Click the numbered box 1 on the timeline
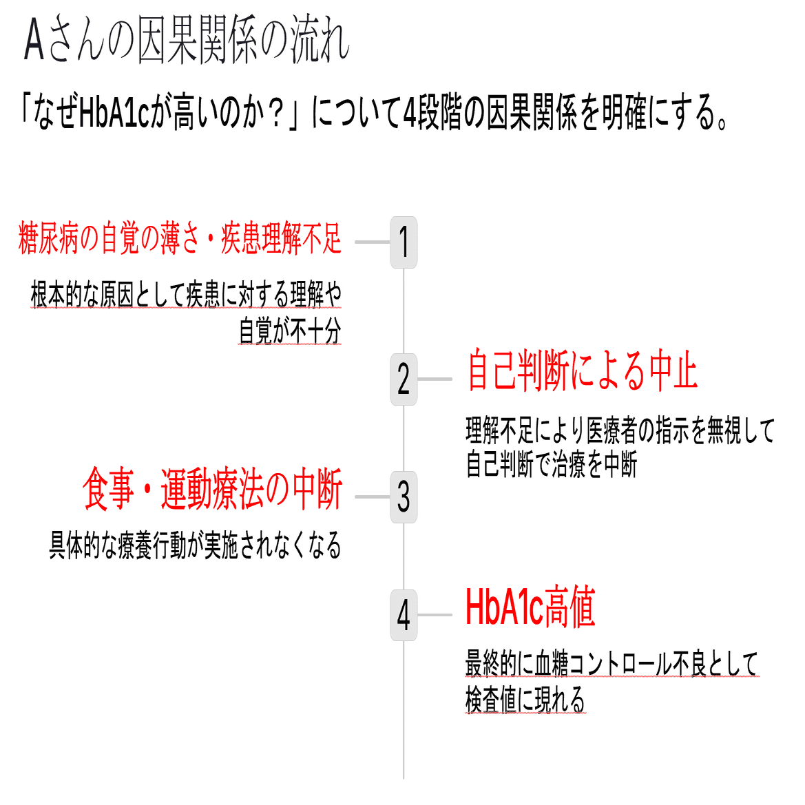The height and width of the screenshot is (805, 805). (x=404, y=242)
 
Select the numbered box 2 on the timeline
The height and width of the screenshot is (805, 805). (x=404, y=379)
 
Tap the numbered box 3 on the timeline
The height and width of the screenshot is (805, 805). (x=404, y=497)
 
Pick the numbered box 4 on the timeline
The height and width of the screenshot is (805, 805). (x=404, y=615)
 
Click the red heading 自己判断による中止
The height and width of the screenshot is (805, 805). (x=582, y=372)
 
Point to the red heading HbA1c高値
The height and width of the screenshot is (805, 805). (x=530, y=607)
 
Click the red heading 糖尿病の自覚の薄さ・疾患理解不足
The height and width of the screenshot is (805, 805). (x=180, y=239)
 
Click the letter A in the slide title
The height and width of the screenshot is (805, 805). (x=34, y=41)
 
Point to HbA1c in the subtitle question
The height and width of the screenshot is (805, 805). (x=114, y=113)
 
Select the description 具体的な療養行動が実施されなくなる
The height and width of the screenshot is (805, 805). (x=195, y=545)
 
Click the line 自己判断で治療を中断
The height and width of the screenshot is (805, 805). (x=552, y=465)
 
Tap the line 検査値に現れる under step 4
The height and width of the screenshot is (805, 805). (x=525, y=700)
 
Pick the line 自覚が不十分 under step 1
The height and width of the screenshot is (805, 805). (x=290, y=331)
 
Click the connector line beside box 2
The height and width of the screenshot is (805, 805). (x=435, y=379)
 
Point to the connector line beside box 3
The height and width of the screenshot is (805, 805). (x=373, y=497)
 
